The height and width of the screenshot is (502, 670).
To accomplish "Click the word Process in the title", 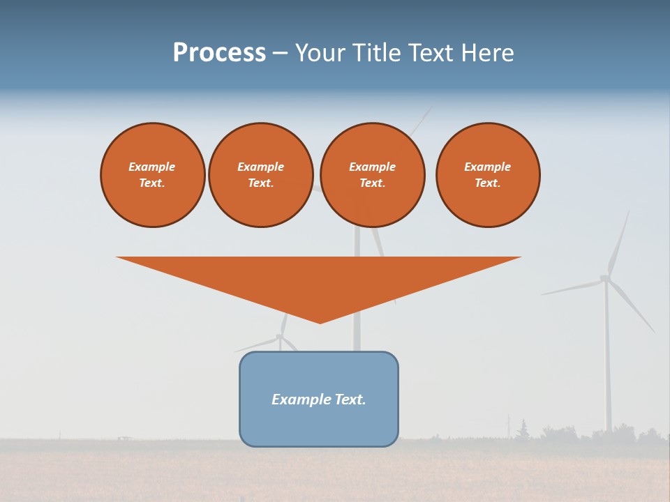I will click(x=219, y=53).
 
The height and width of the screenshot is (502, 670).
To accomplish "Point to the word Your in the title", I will click(x=321, y=53).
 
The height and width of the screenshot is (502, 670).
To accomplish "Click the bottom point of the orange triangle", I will click(x=320, y=321).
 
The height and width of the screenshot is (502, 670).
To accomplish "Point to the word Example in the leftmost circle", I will click(x=152, y=167).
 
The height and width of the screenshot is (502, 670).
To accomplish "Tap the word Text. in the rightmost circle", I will click(x=488, y=183).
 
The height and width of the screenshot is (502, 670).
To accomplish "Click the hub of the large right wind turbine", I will click(x=605, y=278).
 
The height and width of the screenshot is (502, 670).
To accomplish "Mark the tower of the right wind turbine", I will click(x=607, y=363).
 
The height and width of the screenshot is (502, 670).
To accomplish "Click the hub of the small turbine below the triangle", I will click(x=280, y=336).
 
